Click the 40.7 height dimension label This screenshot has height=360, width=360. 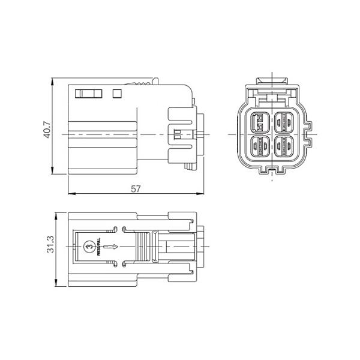pos(47,130)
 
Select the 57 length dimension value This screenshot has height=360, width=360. pos(136,188)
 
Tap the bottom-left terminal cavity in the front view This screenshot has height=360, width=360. pos(260,145)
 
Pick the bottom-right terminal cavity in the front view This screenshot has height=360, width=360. pos(283,145)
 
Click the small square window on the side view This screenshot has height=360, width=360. pos(117,93)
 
